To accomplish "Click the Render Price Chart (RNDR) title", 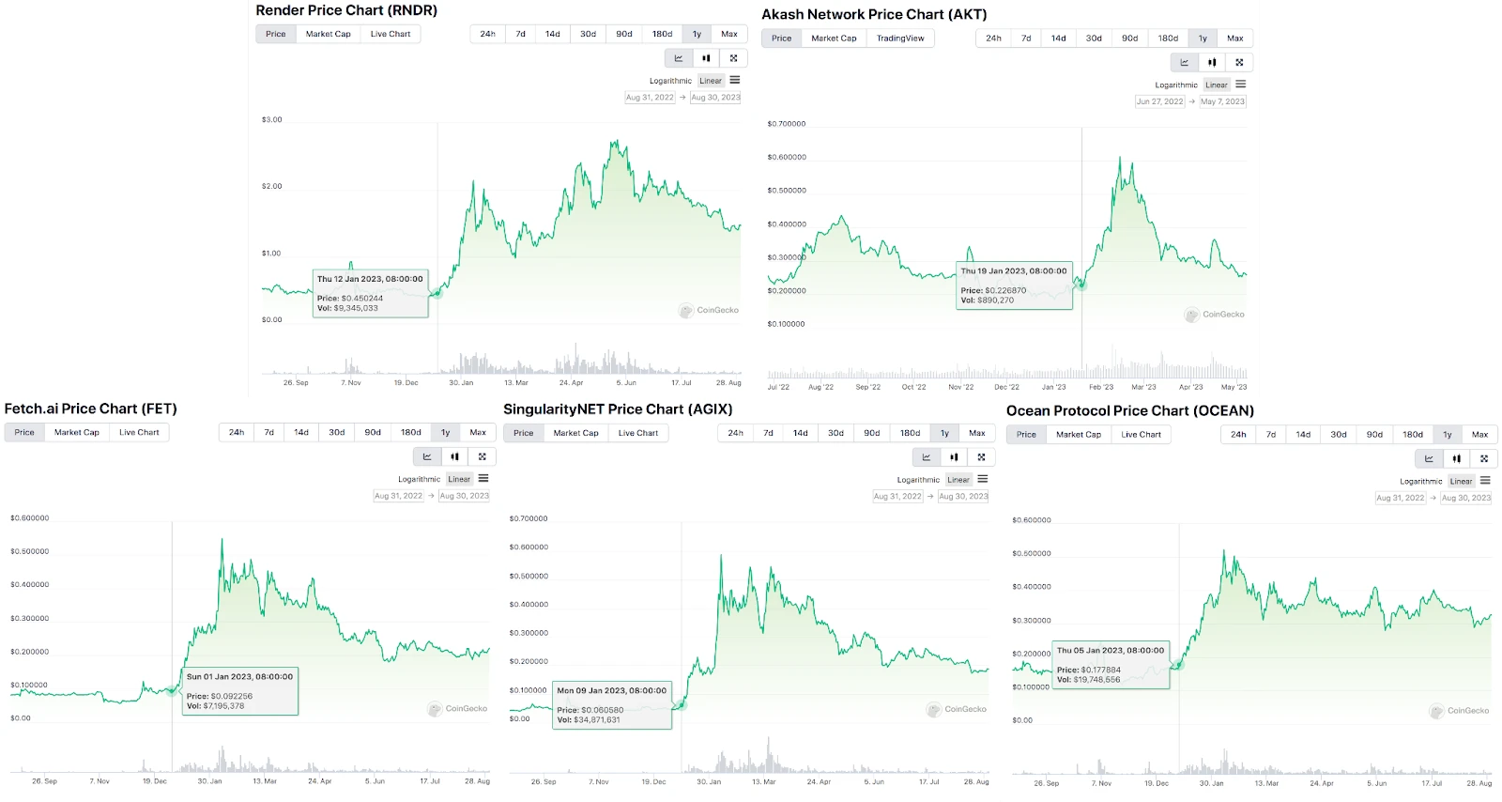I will [346, 10].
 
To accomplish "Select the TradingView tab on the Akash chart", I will [900, 39].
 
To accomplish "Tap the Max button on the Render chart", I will [729, 34].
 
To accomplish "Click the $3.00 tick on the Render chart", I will [271, 120].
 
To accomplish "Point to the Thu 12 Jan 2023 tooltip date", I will [370, 279].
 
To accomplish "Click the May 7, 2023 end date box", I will [1222, 101].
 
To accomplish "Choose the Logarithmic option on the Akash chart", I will [1176, 85].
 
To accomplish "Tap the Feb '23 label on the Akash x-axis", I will [1101, 387].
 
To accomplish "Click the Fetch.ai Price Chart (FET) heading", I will [90, 409].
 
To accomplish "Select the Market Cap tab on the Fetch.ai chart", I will [77, 433].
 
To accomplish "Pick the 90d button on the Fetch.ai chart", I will [373, 433].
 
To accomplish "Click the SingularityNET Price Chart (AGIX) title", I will [618, 409].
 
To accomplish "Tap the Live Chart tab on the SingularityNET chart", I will [638, 433].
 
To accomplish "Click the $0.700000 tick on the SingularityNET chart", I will [529, 518].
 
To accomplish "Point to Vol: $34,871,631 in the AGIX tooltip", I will [589, 720].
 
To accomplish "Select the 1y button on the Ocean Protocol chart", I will [1448, 435].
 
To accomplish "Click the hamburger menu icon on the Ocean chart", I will [1485, 481].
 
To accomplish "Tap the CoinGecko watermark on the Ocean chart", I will [1460, 711].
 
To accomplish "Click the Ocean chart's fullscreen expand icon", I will [1484, 459].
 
